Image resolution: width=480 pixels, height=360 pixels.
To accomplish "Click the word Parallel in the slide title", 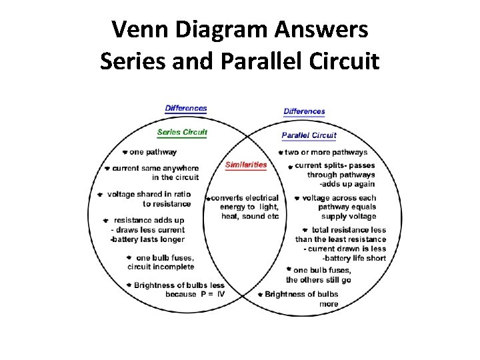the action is click(x=250, y=61).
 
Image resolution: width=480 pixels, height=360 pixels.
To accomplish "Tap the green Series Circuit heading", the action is click(x=182, y=132).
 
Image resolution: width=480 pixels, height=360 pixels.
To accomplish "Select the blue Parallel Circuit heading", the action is click(x=309, y=135).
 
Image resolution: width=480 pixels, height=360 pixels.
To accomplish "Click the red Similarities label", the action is click(x=246, y=165).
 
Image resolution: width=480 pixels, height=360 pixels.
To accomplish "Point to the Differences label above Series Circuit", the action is click(x=186, y=108).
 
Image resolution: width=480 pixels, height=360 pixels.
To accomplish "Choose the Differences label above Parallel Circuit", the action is click(x=304, y=111).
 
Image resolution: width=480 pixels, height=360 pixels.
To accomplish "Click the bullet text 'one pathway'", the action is click(x=153, y=152).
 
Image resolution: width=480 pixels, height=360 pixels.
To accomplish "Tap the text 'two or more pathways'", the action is click(x=326, y=153).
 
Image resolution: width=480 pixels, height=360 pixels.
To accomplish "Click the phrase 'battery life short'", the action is click(x=355, y=257).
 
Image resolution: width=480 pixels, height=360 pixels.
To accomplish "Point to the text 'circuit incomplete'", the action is click(x=161, y=267).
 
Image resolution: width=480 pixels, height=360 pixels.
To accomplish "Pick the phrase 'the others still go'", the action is click(x=318, y=279).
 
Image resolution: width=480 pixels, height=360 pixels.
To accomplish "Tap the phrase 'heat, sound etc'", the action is click(x=250, y=216).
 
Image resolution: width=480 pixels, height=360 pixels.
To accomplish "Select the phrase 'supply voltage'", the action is click(x=348, y=216).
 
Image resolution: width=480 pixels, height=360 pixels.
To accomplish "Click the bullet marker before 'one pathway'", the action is click(x=125, y=152).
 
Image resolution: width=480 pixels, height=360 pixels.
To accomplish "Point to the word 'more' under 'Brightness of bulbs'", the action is click(x=329, y=304).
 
